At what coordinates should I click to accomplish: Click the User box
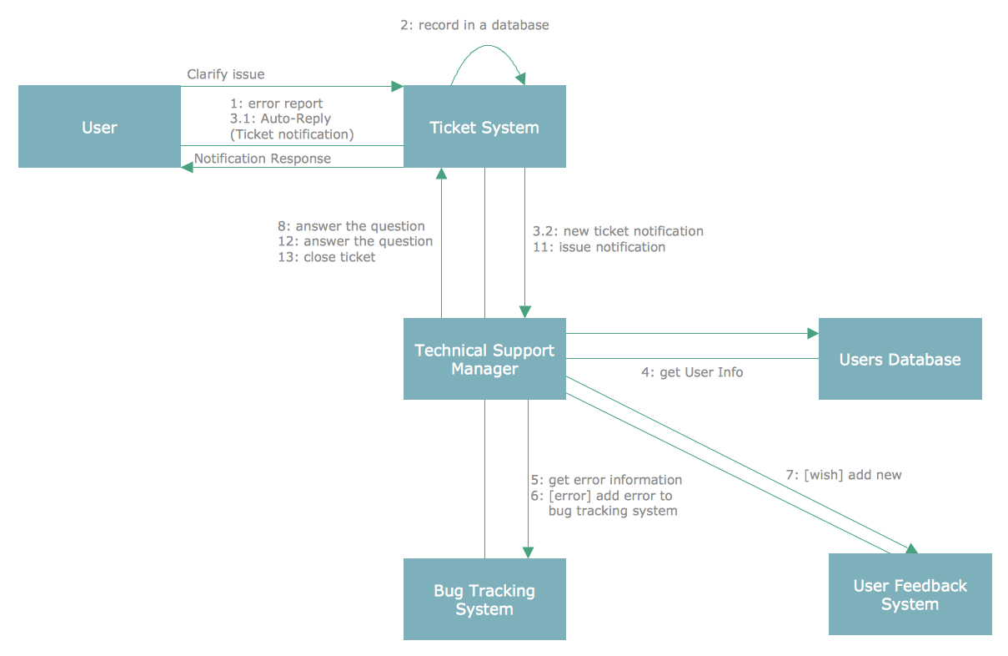(x=99, y=127)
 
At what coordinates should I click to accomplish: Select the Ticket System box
(x=484, y=127)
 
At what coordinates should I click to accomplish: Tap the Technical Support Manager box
(x=484, y=359)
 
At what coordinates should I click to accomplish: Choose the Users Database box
(x=900, y=359)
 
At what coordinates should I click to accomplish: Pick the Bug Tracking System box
(x=484, y=599)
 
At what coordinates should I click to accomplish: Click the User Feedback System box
(x=910, y=594)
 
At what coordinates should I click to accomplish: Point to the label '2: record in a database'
(x=474, y=25)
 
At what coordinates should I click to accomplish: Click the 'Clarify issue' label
(x=225, y=74)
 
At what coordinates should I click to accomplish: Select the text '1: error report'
(x=276, y=103)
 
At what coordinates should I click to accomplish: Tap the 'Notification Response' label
(x=262, y=159)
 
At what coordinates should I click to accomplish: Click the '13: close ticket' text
(x=327, y=257)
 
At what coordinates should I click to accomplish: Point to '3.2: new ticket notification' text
(x=618, y=231)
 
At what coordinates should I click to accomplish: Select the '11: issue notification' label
(x=599, y=247)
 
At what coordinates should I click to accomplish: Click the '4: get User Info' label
(x=691, y=372)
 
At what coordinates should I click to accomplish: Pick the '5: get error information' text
(x=606, y=480)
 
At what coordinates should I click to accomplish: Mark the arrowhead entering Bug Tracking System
(x=528, y=552)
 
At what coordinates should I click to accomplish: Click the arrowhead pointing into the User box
(x=188, y=167)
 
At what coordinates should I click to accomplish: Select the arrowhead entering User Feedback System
(x=912, y=548)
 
